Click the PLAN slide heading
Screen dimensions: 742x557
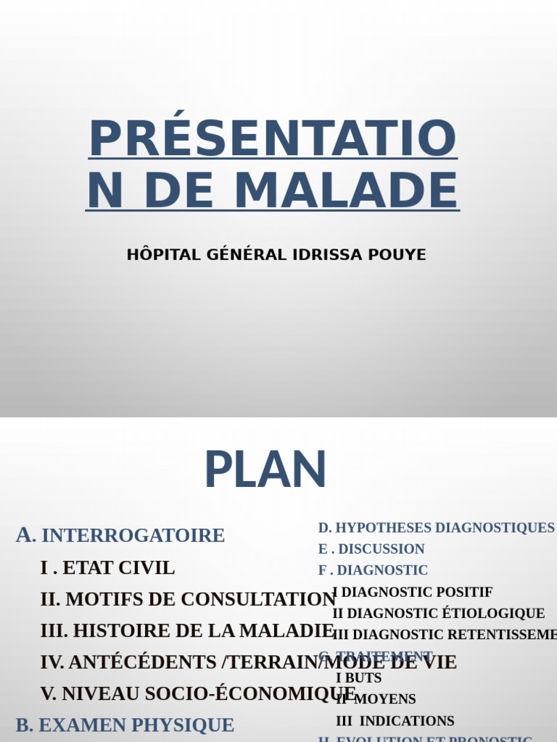pyautogui.click(x=265, y=471)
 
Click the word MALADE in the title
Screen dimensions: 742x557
pyautogui.click(x=346, y=191)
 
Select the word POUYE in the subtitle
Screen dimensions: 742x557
pyautogui.click(x=398, y=255)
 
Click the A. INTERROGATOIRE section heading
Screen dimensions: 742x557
pyautogui.click(x=120, y=535)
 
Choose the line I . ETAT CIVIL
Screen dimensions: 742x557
pyautogui.click(x=107, y=568)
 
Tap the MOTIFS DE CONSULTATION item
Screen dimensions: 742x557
pyautogui.click(x=188, y=599)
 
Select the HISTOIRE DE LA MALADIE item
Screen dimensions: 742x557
pyautogui.click(x=187, y=630)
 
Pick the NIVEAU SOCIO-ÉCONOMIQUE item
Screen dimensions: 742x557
pyautogui.click(x=199, y=693)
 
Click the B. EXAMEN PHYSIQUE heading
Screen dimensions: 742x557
pyautogui.click(x=125, y=725)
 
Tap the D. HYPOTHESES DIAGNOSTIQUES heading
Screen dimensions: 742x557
pyautogui.click(x=436, y=528)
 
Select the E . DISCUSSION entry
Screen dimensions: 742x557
pyautogui.click(x=371, y=549)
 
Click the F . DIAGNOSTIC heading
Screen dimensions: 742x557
pyautogui.click(x=373, y=570)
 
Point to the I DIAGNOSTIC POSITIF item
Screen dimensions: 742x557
pyautogui.click(x=412, y=592)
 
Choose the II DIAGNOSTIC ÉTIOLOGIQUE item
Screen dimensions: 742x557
pyautogui.click(x=438, y=614)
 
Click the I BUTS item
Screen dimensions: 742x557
pyautogui.click(x=358, y=678)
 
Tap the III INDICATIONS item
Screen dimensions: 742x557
pyautogui.click(x=395, y=721)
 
